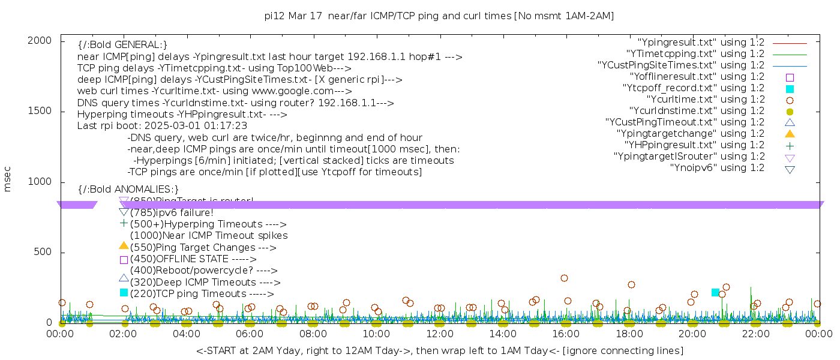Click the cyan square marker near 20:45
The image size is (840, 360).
coord(715,292)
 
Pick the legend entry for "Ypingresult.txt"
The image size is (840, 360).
coord(701,43)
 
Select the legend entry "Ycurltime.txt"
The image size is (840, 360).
coord(705,100)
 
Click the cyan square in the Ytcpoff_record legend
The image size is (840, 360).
coord(790,89)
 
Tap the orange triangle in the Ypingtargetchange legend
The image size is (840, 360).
coord(790,134)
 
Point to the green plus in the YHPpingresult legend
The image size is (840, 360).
coord(790,145)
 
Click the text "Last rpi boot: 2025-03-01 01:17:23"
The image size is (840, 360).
coord(162,126)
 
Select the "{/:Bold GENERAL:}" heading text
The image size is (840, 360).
coord(122,45)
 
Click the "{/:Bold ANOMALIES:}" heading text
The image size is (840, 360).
coord(128,190)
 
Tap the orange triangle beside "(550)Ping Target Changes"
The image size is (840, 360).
coord(124,245)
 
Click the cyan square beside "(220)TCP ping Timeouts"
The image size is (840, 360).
coord(124,293)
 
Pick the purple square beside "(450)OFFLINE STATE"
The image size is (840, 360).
coord(124,260)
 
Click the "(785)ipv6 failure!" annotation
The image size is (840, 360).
coord(172,212)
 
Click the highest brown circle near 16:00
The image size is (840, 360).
coord(564,278)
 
